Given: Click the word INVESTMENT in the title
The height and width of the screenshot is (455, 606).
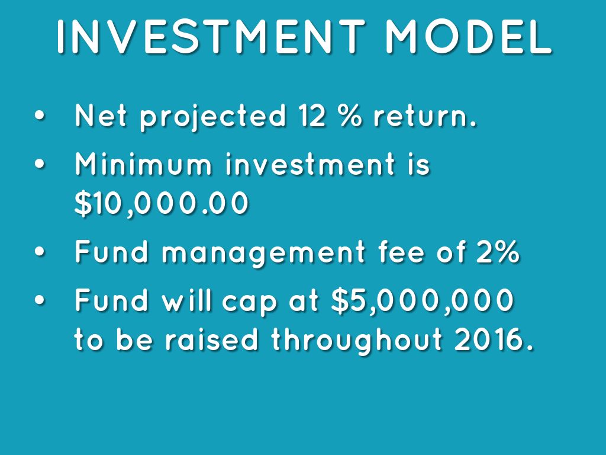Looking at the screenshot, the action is point(211,36).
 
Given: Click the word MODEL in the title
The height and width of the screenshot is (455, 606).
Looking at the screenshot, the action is point(469,36).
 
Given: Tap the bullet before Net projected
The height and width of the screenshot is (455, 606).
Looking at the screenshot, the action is point(40,116).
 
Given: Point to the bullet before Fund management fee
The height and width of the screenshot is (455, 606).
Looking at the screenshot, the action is point(40,252).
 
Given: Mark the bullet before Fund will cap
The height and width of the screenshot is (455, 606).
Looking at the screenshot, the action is point(40,300).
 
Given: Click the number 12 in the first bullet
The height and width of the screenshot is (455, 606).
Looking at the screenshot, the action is point(312,116).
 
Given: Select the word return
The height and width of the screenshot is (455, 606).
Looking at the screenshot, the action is point(425,116).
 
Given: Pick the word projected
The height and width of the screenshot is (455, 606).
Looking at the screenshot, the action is point(213,117).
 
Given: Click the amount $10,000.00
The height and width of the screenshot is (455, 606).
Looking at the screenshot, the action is point(161,203).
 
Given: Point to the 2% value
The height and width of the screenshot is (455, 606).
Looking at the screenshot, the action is point(498,252).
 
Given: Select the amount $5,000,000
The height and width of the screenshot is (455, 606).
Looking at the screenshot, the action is point(423,300).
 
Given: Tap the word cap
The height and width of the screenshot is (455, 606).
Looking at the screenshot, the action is point(249,303).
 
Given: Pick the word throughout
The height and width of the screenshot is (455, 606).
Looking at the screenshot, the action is point(356,341).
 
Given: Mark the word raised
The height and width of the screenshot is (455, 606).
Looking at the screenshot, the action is point(211,339).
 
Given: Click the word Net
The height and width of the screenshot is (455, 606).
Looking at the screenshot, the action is point(101,116).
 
